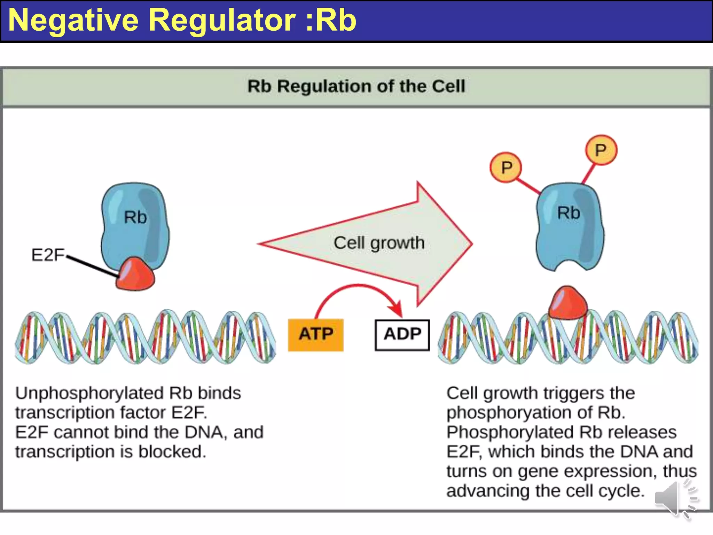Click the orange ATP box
pos(315,334)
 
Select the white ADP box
pos(402,334)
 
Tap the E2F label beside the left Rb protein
pos(48,255)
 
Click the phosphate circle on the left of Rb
pos(506,168)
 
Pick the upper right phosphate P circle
pos(601,150)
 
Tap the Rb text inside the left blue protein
pos(135,217)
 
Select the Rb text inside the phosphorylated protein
pos(569,213)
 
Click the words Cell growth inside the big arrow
pos(379,243)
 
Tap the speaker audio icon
pos(674,499)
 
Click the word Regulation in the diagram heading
pos(324,86)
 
